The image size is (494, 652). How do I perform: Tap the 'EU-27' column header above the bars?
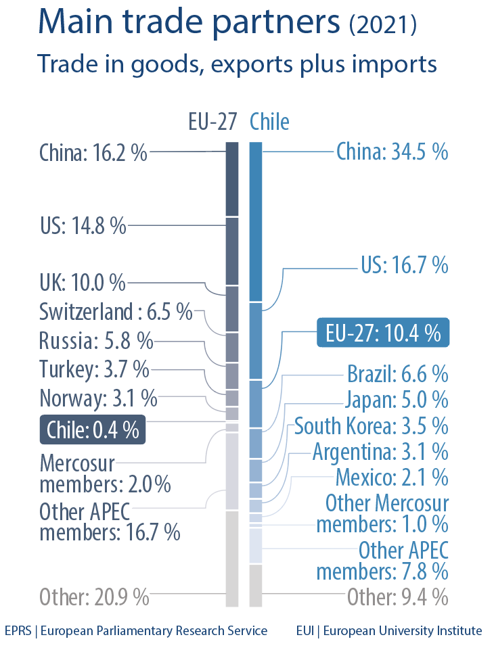click(212, 122)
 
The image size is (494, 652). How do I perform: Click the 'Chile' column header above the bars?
click(269, 122)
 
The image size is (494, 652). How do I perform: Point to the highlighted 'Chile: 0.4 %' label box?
click(93, 429)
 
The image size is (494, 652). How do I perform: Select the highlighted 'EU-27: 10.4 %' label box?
click(383, 333)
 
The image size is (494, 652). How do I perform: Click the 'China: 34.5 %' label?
click(392, 152)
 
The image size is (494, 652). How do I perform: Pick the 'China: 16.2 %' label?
click(93, 152)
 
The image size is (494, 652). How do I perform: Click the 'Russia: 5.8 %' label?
click(96, 340)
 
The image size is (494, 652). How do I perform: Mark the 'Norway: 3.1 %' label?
click(98, 397)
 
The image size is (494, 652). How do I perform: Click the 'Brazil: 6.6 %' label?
click(397, 373)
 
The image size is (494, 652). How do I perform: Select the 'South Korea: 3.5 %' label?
click(371, 426)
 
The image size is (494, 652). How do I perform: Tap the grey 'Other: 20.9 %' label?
click(94, 597)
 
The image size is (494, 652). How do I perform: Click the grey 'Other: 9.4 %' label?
click(397, 597)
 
